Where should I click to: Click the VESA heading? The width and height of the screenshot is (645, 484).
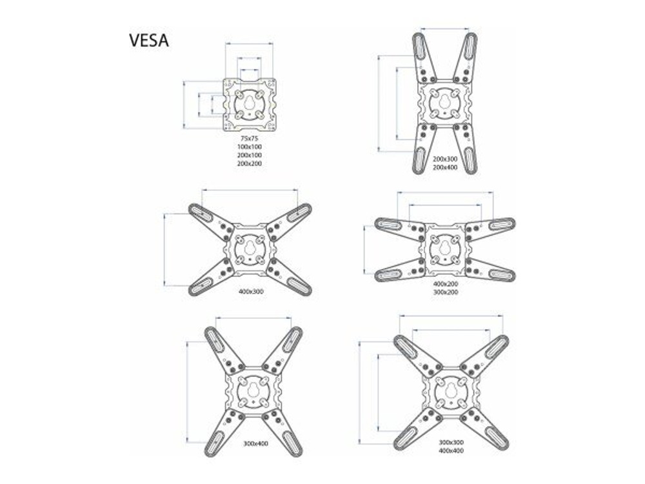(149, 40)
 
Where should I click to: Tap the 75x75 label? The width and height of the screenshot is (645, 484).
(249, 138)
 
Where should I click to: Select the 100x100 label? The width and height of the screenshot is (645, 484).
(249, 146)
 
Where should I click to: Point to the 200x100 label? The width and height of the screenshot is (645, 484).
(249, 155)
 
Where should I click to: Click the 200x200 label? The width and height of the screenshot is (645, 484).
(249, 163)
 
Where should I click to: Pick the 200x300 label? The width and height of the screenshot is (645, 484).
(445, 159)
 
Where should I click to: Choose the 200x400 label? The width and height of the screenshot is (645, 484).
(445, 168)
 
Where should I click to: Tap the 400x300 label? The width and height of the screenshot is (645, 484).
(251, 292)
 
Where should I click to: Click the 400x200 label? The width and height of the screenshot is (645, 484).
(446, 283)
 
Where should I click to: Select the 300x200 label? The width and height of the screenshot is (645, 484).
(446, 292)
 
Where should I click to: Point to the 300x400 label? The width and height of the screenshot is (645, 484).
(256, 444)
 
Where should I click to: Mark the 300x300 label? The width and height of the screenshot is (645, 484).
(451, 443)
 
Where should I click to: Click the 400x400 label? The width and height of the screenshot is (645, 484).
(451, 450)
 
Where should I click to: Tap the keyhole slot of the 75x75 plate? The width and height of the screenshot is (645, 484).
(249, 103)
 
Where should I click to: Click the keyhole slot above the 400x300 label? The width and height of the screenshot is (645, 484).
(249, 248)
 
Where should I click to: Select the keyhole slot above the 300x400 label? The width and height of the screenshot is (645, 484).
(253, 390)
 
